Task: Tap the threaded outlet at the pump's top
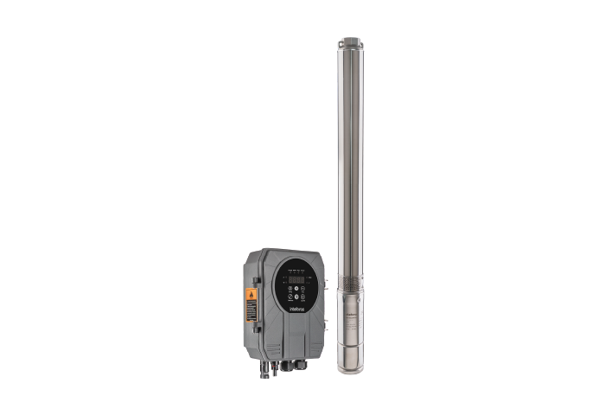[351, 43]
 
